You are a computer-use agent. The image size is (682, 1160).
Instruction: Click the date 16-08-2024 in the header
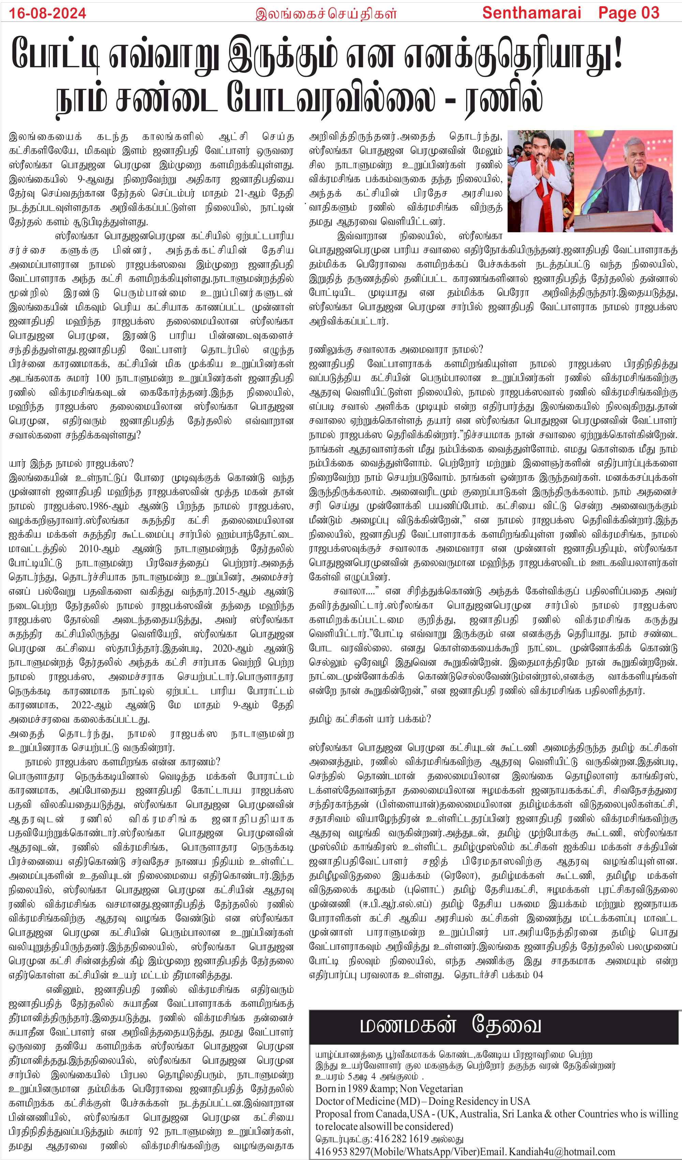point(47,13)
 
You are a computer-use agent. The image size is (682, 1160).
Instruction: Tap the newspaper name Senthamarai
point(532,13)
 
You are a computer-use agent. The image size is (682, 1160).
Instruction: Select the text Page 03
point(628,13)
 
